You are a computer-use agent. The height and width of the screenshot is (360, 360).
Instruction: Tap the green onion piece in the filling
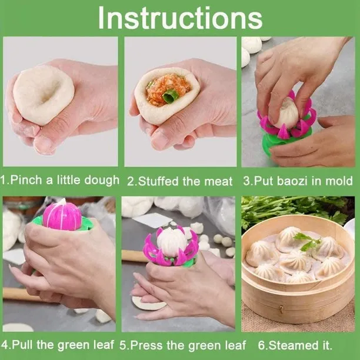[x=170, y=95]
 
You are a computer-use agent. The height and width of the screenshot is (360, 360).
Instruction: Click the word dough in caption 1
[x=103, y=179]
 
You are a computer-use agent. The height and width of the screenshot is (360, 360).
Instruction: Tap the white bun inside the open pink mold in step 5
[x=171, y=241]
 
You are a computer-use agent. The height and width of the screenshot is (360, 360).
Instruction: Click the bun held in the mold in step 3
[x=287, y=112]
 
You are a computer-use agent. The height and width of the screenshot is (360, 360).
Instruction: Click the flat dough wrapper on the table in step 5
[x=148, y=304]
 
